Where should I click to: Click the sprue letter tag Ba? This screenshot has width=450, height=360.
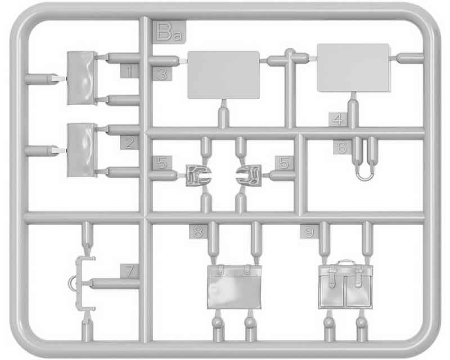pyautogui.click(x=169, y=32)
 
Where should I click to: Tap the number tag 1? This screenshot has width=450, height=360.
pyautogui.click(x=129, y=71)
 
